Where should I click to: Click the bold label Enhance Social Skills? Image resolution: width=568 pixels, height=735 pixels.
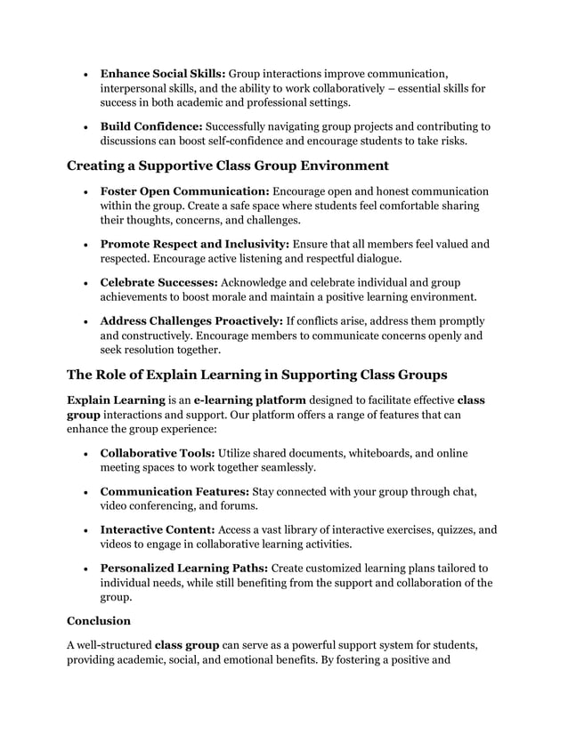pos(163,72)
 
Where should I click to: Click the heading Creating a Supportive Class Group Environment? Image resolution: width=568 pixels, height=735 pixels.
pos(228,165)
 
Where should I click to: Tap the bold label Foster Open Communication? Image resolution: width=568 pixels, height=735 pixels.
pos(184,190)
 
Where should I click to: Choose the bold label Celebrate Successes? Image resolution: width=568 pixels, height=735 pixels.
pos(158,281)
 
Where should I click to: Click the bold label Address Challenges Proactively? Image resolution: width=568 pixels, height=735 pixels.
pos(191,319)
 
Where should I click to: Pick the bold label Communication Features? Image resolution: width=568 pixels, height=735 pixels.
pos(174,491)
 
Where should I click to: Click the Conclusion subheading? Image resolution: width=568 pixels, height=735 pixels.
pos(99,620)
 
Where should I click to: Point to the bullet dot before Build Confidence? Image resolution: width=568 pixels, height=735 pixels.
pos(83,127)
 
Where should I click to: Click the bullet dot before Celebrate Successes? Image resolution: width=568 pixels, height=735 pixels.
pos(83,282)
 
